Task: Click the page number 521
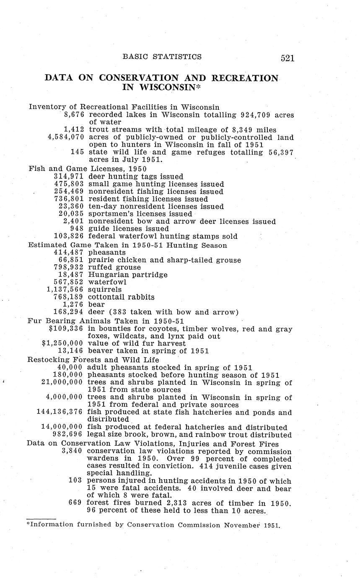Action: coord(287,58)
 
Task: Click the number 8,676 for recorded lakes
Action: coord(74,114)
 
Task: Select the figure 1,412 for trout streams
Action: coord(74,130)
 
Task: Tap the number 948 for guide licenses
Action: coord(77,229)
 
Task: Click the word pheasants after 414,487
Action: coord(107,252)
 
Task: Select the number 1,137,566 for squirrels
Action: coord(65,289)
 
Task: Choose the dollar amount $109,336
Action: coord(66,329)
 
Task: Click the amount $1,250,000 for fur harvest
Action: coord(62,343)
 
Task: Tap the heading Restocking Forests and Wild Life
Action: coord(93,359)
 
